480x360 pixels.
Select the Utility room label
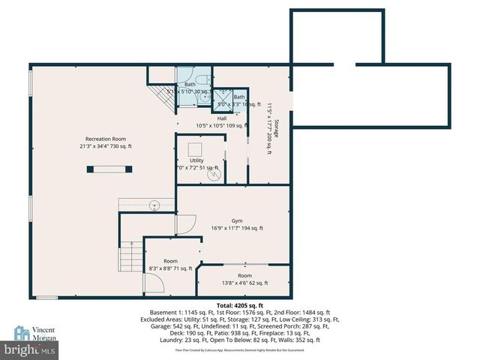196,160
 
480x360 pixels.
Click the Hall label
222,118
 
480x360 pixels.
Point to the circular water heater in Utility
213,175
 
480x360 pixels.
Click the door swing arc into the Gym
184,223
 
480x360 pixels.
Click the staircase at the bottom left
127,257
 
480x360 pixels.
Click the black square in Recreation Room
92,169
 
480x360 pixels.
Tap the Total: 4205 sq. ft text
240,306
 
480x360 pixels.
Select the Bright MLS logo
30,349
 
